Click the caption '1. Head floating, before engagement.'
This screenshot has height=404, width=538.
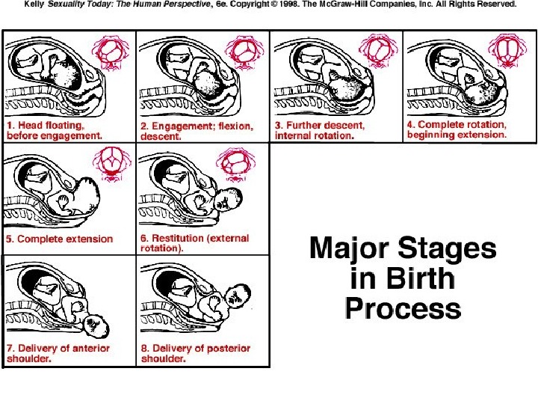click(x=55, y=130)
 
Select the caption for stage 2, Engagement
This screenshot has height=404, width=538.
click(x=197, y=131)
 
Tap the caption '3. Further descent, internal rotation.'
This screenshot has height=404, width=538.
click(x=320, y=130)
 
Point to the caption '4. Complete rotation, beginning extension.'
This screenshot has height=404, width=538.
click(x=457, y=129)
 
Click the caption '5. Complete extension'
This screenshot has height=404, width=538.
click(x=59, y=239)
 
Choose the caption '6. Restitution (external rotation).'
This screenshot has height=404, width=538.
click(x=194, y=243)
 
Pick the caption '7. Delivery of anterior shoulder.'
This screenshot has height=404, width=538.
click(x=58, y=353)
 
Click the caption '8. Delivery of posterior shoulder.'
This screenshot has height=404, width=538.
click(x=196, y=353)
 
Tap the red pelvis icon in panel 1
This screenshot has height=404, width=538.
click(x=111, y=52)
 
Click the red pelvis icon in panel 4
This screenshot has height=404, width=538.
click(x=507, y=51)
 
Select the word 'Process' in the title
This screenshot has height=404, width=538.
click(x=403, y=309)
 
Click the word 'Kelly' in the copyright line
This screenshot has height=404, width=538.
click(x=34, y=4)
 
